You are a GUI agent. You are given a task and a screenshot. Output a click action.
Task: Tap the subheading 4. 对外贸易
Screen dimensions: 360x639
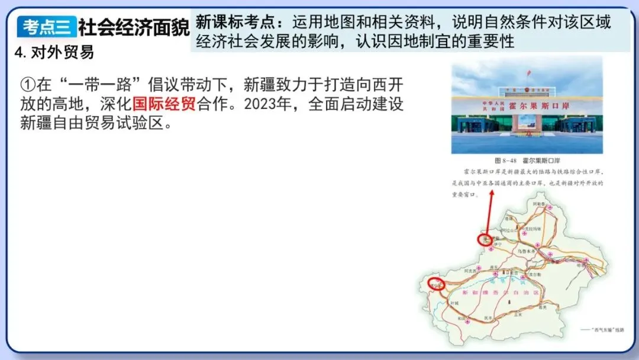tap(54, 52)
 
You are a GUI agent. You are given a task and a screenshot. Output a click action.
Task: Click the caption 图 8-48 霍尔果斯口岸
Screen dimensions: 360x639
tap(526, 160)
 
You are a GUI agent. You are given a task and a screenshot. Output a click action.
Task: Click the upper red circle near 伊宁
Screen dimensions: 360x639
tap(485, 239)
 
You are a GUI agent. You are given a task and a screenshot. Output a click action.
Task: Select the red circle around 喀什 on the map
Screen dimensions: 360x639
tap(437, 284)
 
